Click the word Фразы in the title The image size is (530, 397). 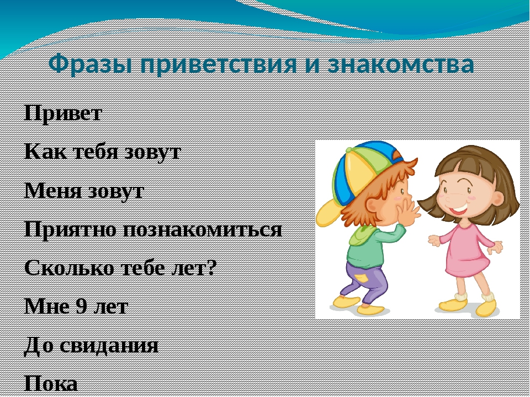[x=90, y=64]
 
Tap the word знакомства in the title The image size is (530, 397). [x=401, y=64]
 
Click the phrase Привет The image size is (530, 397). [x=63, y=112]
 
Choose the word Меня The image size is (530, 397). [x=53, y=190]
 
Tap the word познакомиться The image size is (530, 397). [x=202, y=229]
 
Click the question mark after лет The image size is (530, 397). [x=211, y=268]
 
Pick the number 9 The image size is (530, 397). [x=82, y=307]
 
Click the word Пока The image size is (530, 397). [x=51, y=384]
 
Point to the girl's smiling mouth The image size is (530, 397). [x=458, y=208]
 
